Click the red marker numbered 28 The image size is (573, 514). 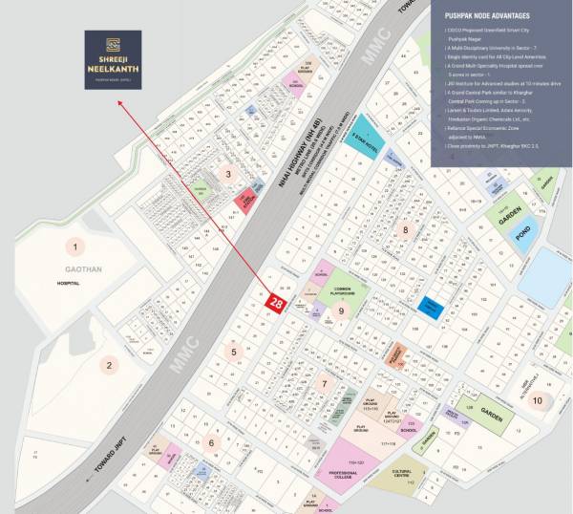click(276, 302)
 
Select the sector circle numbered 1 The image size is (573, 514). click(73, 247)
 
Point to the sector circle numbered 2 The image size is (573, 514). click(110, 364)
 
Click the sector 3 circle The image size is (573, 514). click(227, 173)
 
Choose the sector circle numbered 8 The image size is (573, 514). click(405, 229)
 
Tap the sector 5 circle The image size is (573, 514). click(233, 352)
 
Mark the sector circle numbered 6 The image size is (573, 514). click(211, 441)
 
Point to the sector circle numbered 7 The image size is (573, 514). click(324, 385)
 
